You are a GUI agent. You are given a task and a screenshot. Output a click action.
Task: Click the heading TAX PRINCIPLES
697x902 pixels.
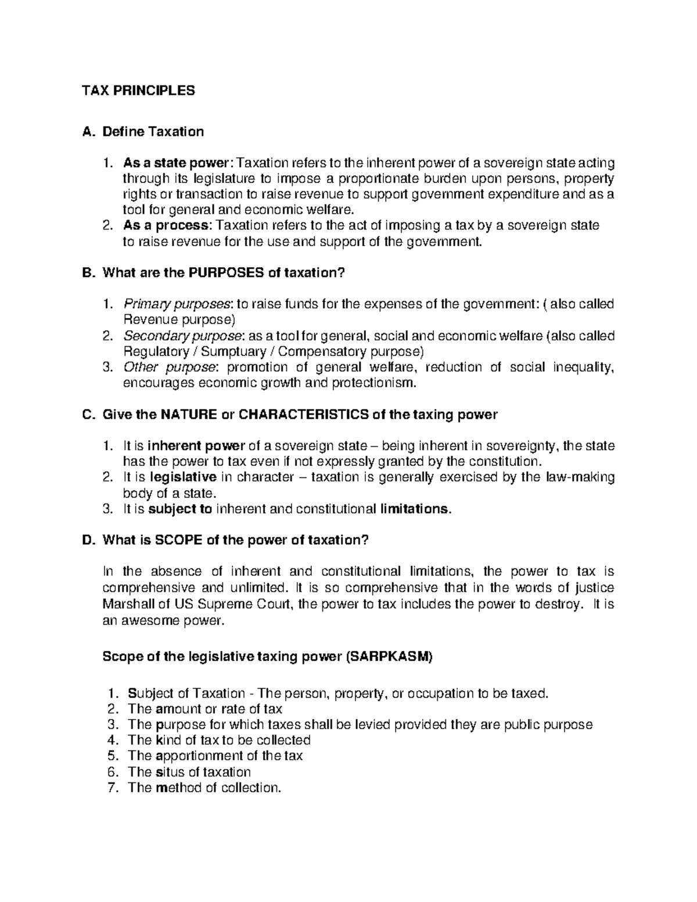[x=138, y=91]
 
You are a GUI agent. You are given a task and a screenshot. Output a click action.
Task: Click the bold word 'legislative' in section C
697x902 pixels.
[x=183, y=477]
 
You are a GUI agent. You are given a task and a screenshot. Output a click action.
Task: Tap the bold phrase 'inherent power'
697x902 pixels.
[x=196, y=446]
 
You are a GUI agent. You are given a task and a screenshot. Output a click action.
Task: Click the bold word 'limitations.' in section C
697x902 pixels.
[x=415, y=509]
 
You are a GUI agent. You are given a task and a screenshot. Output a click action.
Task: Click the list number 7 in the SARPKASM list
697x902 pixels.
[x=113, y=788]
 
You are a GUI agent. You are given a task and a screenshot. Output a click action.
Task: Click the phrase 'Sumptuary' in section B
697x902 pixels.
[x=237, y=352]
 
